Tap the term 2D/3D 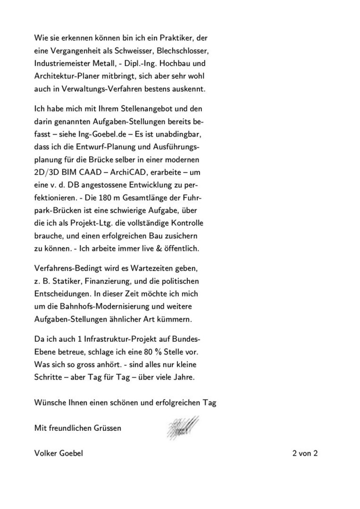45,172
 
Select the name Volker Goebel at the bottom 59,453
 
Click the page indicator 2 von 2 305,453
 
